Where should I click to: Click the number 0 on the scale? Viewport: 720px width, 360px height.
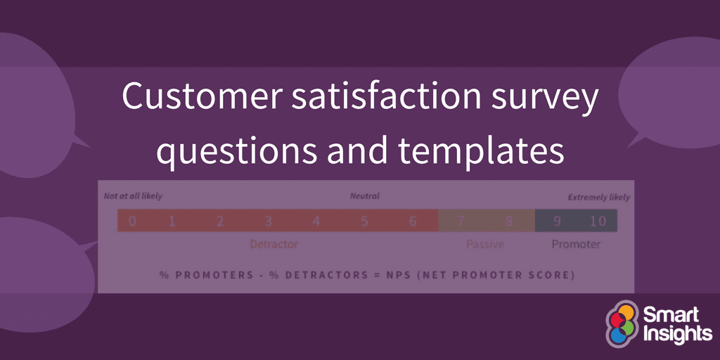[x=132, y=221]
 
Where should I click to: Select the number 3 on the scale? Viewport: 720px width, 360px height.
[x=268, y=221]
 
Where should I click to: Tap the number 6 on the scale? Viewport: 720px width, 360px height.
[x=413, y=221]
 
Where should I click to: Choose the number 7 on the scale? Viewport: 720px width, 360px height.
[x=461, y=221]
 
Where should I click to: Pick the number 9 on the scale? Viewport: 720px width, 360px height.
[x=556, y=221]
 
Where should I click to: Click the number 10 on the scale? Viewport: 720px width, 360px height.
[x=597, y=221]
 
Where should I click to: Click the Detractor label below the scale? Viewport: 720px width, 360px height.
[x=274, y=245]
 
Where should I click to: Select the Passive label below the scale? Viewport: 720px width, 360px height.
[x=484, y=245]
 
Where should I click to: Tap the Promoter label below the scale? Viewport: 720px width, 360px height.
[x=575, y=245]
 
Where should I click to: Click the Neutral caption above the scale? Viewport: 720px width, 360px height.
[x=364, y=197]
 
